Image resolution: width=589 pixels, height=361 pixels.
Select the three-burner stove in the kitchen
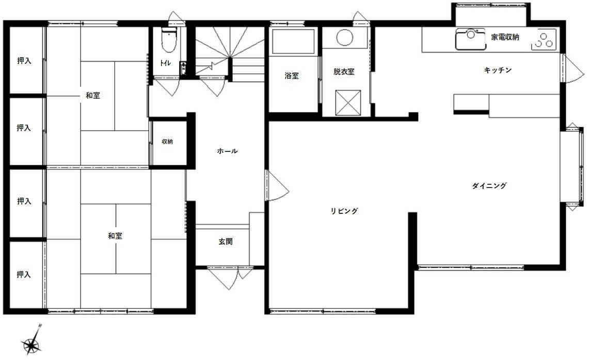click(x=544, y=39)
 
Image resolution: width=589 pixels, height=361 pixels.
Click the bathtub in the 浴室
click(x=293, y=41)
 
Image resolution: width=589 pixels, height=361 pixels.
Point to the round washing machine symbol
click(x=344, y=38)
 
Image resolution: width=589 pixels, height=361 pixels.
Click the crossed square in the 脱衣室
click(x=348, y=102)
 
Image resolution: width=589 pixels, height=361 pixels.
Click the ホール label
click(x=227, y=151)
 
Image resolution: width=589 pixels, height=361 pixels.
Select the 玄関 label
click(x=226, y=242)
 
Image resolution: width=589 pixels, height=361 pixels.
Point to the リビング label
click(x=344, y=211)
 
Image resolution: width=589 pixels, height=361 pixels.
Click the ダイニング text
click(x=489, y=185)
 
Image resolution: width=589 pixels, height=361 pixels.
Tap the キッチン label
click(x=498, y=70)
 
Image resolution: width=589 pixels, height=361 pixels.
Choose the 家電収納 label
click(x=505, y=37)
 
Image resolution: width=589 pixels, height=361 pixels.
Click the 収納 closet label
click(x=167, y=142)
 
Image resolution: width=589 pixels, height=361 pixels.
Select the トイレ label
click(x=165, y=63)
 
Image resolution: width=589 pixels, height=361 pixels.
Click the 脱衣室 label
click(x=344, y=72)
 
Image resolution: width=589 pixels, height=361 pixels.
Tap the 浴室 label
click(x=292, y=76)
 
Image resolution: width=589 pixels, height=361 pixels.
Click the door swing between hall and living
click(x=277, y=185)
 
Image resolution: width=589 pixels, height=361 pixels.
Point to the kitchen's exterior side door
click(x=572, y=69)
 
